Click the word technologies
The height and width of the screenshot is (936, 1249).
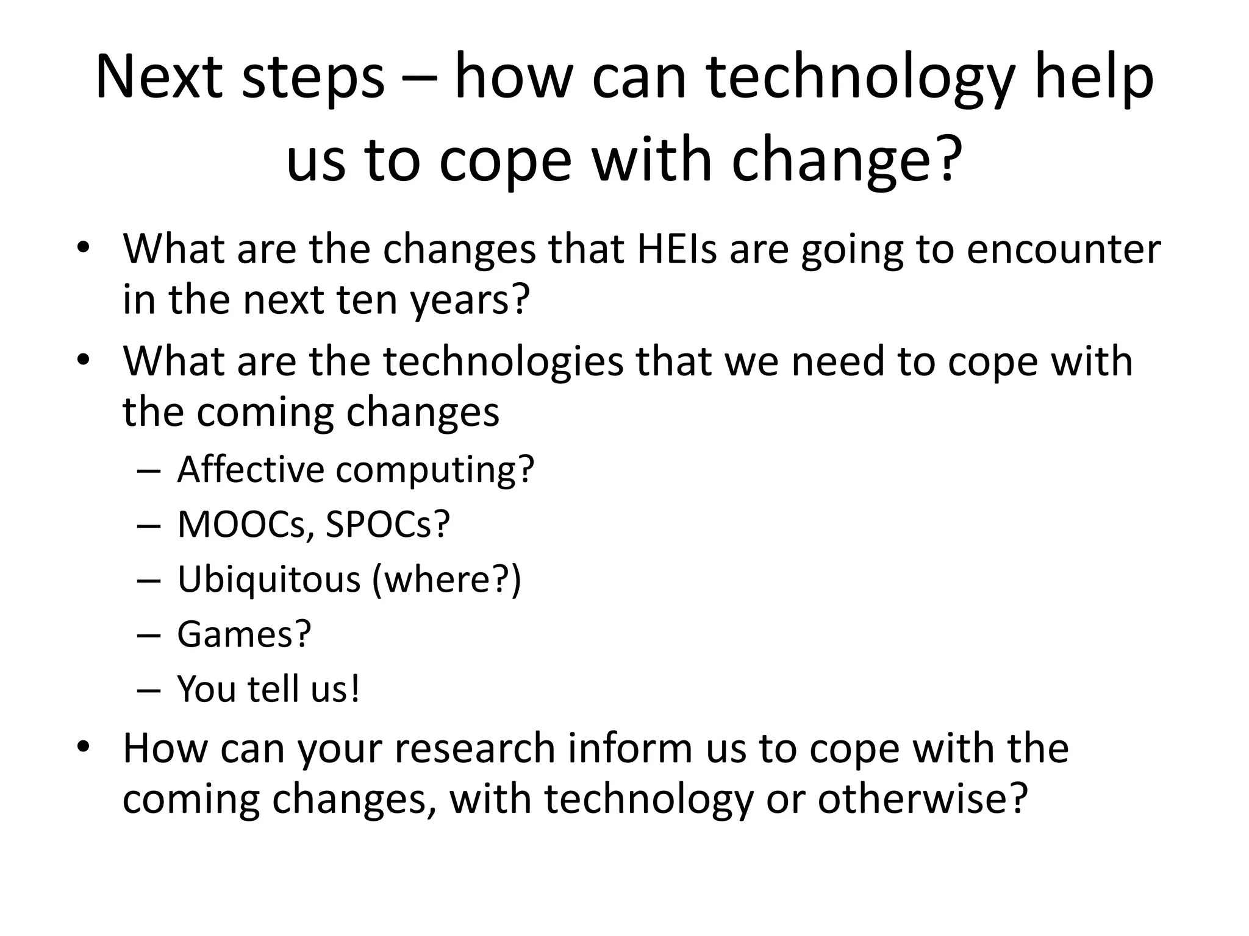[503, 361]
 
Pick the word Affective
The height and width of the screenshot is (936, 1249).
[251, 469]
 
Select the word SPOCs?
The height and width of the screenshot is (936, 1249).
[388, 524]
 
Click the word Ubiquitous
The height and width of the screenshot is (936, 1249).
[269, 579]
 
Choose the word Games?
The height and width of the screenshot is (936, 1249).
[245, 634]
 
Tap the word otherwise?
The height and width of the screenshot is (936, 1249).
[923, 799]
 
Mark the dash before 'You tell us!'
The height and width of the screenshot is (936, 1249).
[148, 690]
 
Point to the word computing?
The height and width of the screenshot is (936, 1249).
[435, 470]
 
